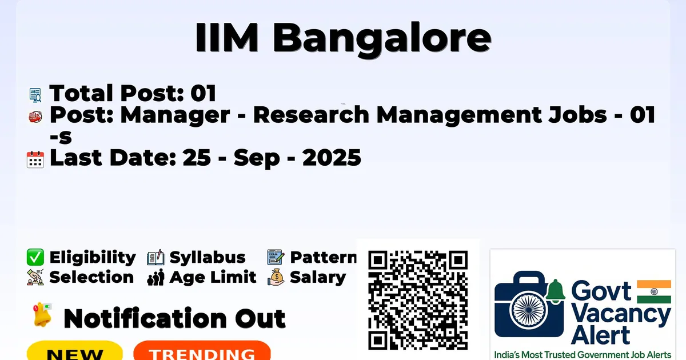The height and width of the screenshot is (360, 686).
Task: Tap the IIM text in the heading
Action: [226, 37]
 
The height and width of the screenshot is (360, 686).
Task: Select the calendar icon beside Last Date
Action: [35, 159]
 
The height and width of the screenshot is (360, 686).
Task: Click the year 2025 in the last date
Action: [332, 158]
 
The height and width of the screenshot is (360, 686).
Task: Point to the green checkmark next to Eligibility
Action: [35, 257]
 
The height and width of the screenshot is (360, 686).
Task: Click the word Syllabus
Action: [208, 258]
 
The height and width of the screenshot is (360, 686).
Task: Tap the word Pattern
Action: [324, 257]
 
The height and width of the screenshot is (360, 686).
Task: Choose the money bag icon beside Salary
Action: [276, 277]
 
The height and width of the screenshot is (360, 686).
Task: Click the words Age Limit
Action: [213, 277]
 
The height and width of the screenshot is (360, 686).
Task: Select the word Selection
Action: [91, 277]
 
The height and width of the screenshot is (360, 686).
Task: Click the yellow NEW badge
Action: [75, 350]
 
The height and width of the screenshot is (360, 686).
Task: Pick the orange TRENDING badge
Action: [202, 350]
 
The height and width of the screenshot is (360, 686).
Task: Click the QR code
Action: [418, 300]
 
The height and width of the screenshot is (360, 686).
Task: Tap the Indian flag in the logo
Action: [654, 291]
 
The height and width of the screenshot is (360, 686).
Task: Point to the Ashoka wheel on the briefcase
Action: [528, 310]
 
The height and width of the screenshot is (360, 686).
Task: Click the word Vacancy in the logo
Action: [621, 315]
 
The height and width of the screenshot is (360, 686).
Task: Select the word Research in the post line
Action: [311, 115]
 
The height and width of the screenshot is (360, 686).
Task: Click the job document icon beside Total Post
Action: [35, 95]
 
